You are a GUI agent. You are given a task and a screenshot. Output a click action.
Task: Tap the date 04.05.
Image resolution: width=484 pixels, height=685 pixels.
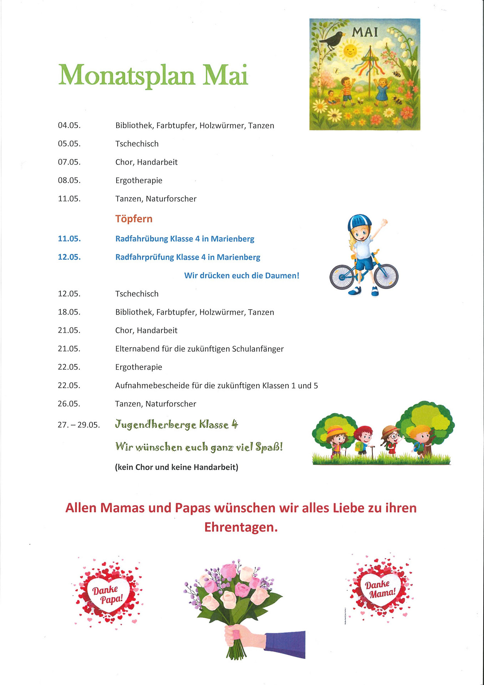pos(69,126)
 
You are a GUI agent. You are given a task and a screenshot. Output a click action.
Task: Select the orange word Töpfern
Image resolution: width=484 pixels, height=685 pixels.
pos(134,219)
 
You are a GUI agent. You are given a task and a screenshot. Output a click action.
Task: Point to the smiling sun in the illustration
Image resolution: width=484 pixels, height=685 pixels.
pos(350,50)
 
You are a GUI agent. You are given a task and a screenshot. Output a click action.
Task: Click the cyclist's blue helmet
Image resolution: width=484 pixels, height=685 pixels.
pos(359,222)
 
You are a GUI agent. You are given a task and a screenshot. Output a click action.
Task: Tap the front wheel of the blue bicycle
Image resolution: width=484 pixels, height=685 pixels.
pos(386,276)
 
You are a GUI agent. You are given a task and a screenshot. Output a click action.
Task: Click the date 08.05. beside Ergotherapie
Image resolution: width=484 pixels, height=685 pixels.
pos(69,181)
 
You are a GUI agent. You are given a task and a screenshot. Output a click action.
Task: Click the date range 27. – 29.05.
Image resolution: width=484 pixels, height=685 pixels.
pos(78,425)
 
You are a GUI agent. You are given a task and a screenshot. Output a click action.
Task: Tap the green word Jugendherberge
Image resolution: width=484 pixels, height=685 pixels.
pos(156,425)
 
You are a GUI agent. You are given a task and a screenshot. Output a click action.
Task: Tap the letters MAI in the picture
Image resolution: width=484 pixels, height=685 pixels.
pos(365,32)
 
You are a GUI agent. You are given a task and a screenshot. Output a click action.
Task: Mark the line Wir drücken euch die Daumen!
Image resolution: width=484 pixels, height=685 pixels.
pos(241,276)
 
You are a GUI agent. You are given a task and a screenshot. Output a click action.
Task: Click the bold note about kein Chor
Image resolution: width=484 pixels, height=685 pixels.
pos(177,467)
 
